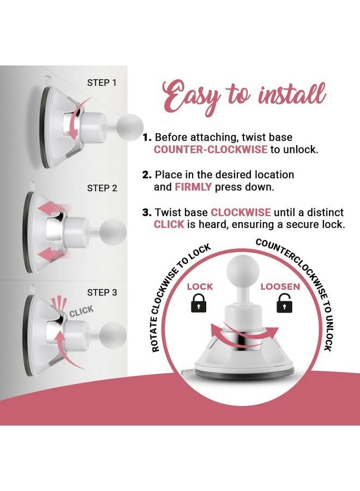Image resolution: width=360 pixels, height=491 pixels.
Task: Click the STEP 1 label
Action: tap(102, 83)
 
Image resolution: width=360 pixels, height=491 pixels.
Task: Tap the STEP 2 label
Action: tap(102, 188)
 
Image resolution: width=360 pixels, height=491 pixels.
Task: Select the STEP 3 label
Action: tap(102, 292)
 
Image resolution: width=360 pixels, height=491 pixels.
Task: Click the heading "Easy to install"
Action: tap(244, 97)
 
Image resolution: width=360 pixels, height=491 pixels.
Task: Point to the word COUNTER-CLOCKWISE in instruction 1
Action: tap(211, 149)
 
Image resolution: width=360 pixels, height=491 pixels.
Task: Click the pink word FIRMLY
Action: tap(193, 187)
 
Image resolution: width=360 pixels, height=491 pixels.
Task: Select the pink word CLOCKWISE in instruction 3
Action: tap(241, 212)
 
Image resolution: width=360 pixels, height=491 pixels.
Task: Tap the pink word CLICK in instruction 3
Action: tap(169, 224)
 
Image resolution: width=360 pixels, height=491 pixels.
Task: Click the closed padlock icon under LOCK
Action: tap(199, 303)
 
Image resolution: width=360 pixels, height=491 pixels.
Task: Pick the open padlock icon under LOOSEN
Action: tap(284, 303)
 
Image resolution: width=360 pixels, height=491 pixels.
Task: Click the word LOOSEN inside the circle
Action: tap(280, 286)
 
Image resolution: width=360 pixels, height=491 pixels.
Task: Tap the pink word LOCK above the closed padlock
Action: tap(200, 286)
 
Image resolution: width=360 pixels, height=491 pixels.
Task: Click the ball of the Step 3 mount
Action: tap(113, 335)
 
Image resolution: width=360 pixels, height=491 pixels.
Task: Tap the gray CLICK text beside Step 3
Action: tap(81, 311)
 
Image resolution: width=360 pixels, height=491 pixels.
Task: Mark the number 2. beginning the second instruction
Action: tap(147, 175)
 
